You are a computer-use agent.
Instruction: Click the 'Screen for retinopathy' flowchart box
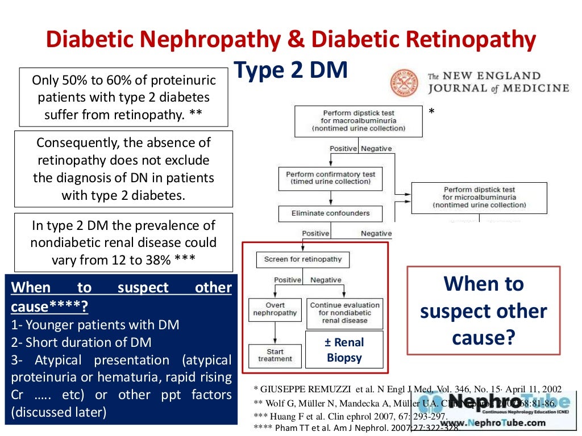click(x=302, y=259)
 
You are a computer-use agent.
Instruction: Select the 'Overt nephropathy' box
click(x=275, y=309)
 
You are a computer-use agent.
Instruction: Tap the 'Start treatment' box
click(x=275, y=355)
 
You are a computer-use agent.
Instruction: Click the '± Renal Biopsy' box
click(x=345, y=350)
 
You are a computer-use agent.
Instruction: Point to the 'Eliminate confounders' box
click(x=330, y=213)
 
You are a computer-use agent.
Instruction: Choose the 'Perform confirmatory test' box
click(x=330, y=178)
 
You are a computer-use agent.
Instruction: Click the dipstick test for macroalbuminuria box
click(x=358, y=121)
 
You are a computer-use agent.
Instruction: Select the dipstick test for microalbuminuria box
click(x=479, y=197)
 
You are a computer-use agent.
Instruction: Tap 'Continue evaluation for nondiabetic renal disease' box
click(x=344, y=313)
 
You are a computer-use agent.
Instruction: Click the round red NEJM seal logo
click(x=404, y=83)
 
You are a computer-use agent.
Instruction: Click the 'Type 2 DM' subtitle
click(x=290, y=71)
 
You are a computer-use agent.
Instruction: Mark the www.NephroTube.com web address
click(x=492, y=422)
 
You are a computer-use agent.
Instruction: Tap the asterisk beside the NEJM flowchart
click(x=431, y=112)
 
